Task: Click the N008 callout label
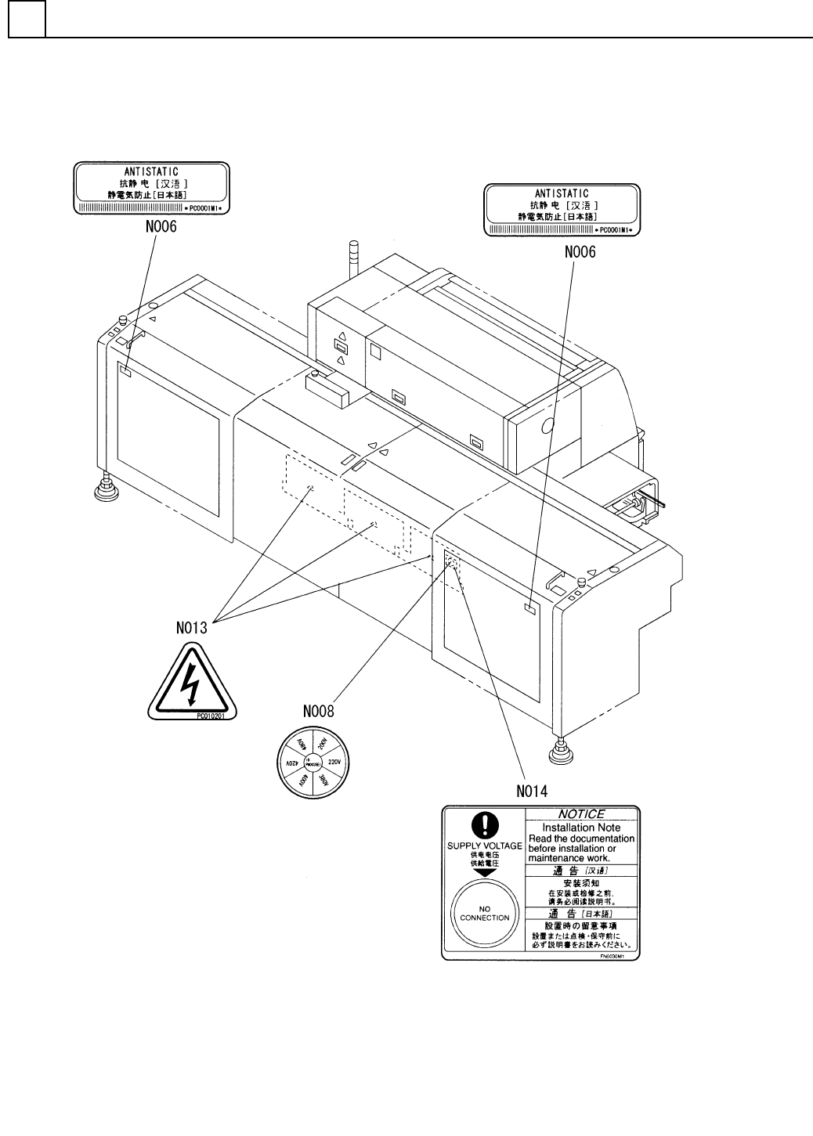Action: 319,712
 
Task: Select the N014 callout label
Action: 533,791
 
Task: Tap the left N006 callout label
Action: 161,227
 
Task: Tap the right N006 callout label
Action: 580,252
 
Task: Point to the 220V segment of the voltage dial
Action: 335,761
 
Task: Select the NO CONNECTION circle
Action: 485,913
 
